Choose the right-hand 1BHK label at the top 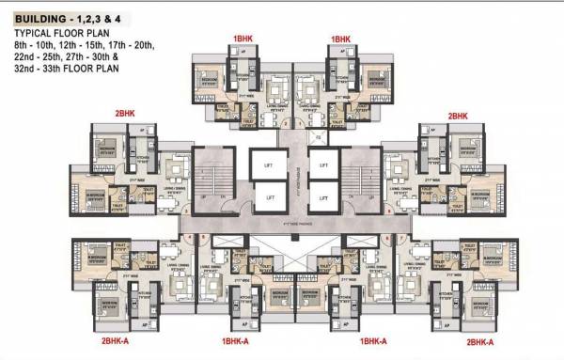point(339,39)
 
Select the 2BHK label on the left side point(125,115)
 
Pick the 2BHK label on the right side point(458,115)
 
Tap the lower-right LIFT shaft point(321,198)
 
